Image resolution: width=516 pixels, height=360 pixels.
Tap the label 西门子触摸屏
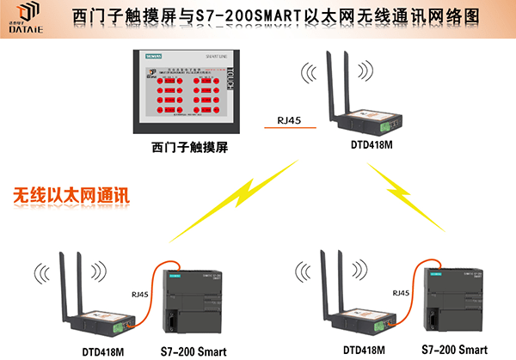click(x=193, y=146)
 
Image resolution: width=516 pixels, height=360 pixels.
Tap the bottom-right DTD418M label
click(x=363, y=350)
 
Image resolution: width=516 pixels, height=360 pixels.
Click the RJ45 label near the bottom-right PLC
click(x=401, y=293)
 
